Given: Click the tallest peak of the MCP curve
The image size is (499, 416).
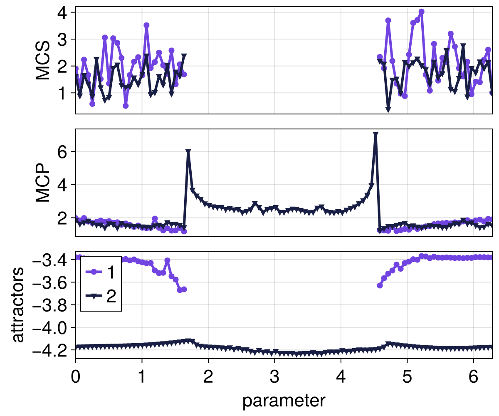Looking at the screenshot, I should pyautogui.click(x=375, y=135).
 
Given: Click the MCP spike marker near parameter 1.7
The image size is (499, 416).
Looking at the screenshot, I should pyautogui.click(x=188, y=152).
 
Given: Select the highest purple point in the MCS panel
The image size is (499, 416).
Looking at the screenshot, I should pyautogui.click(x=421, y=12).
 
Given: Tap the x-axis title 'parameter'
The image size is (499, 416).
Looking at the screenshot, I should pyautogui.click(x=284, y=401).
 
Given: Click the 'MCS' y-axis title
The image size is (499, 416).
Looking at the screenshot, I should pyautogui.click(x=43, y=60).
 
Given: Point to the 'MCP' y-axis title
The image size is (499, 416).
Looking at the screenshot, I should pyautogui.click(x=43, y=183).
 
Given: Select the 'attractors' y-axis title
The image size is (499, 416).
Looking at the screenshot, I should pyautogui.click(x=17, y=305).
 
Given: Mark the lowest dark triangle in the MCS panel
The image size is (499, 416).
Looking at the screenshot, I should pyautogui.click(x=388, y=109).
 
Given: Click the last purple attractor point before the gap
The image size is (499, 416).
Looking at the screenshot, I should pyautogui.click(x=184, y=289).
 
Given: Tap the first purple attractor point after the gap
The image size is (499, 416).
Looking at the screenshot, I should pyautogui.click(x=380, y=285).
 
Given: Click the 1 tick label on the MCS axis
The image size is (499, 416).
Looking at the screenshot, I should pyautogui.click(x=63, y=93).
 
